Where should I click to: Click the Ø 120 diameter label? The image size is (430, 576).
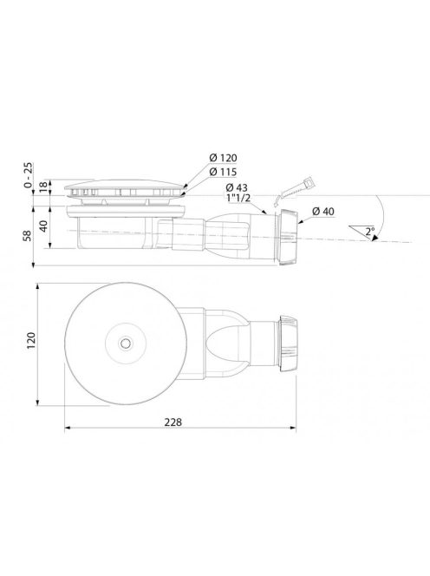click(x=224, y=158)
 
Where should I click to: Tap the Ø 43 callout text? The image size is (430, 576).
click(x=237, y=188)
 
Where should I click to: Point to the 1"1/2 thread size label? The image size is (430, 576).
click(x=238, y=201)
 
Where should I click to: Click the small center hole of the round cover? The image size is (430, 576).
click(x=128, y=343)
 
